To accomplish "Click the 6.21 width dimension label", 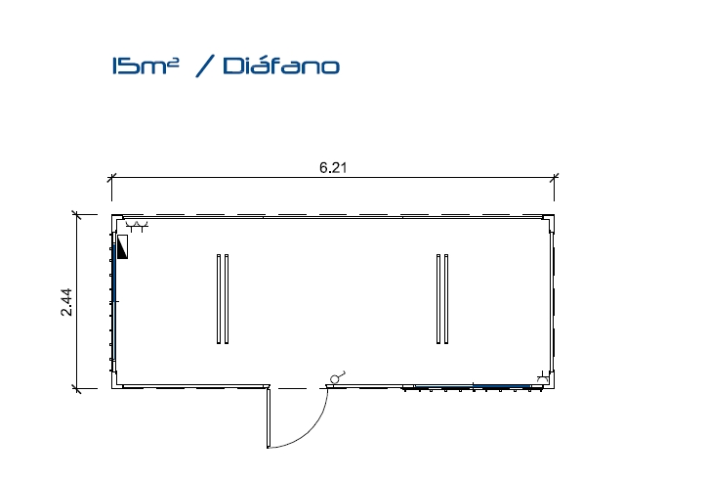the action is click(333, 167).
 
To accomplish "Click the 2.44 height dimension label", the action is click(66, 302).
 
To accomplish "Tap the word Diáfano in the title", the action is click(281, 65).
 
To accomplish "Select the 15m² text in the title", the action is click(146, 65).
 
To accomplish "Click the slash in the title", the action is click(205, 66).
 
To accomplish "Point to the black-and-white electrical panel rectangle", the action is click(122, 246).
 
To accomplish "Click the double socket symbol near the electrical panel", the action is click(137, 226).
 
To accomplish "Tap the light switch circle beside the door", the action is click(335, 379).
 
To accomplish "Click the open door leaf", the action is click(269, 417).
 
